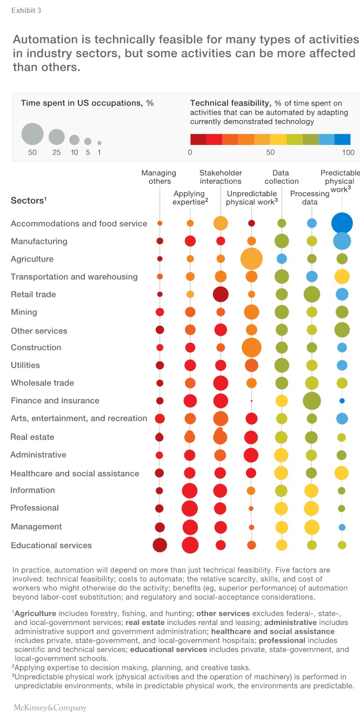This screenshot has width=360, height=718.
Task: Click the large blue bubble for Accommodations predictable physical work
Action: [x=342, y=223]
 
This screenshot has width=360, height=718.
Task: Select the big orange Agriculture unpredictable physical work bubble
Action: [x=251, y=258]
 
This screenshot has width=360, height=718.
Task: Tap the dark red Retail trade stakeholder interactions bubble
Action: [x=221, y=294]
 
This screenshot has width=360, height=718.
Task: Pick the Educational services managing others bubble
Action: [x=159, y=545]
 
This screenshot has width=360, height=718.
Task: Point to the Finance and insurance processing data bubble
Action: [x=312, y=401]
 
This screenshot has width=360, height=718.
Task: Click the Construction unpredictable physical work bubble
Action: [x=251, y=347]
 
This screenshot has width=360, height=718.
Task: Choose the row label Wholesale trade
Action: [x=42, y=383]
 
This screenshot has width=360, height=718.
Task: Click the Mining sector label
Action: [x=24, y=312]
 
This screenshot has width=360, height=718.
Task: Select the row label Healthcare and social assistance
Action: [x=75, y=473]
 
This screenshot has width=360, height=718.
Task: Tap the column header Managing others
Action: [x=159, y=177]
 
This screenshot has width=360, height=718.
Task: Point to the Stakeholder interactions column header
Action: [x=221, y=177]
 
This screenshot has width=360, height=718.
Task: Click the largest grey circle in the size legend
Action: [x=32, y=134]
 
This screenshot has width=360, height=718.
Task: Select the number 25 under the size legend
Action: [x=56, y=152]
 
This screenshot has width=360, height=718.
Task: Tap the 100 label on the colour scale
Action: [x=349, y=152]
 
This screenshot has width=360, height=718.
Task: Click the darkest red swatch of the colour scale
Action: [x=198, y=139]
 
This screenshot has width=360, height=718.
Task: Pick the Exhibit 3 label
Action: [x=26, y=10]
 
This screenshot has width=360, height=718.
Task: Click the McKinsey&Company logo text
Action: [x=50, y=707]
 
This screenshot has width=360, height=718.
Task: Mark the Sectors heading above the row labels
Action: [x=28, y=201]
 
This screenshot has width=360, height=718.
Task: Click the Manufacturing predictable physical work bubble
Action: [x=342, y=241]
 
